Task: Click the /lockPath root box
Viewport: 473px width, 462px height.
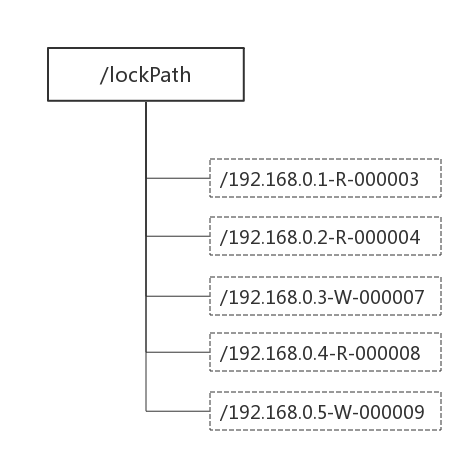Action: pyautogui.click(x=146, y=74)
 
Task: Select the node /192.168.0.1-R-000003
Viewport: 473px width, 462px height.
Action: pyautogui.click(x=325, y=178)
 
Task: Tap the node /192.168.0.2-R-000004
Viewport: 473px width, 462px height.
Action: pyautogui.click(x=325, y=236)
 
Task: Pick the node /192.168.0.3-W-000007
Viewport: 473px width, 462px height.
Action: pyautogui.click(x=325, y=296)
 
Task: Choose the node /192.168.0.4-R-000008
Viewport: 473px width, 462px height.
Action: pyautogui.click(x=325, y=352)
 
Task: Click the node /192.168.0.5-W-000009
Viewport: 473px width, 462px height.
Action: pyautogui.click(x=325, y=411)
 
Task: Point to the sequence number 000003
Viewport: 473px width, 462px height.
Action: pyautogui.click(x=386, y=179)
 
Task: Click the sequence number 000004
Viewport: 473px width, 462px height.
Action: pyautogui.click(x=387, y=237)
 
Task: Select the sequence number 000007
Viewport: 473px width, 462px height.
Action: pyautogui.click(x=392, y=297)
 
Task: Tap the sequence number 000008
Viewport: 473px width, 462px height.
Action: pyautogui.click(x=387, y=353)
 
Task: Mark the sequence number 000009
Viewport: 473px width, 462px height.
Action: pyautogui.click(x=392, y=412)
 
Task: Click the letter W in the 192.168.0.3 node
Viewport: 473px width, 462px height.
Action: pyautogui.click(x=342, y=297)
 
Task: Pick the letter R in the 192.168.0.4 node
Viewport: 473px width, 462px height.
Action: pyautogui.click(x=341, y=353)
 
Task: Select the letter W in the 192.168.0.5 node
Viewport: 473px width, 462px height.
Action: pyautogui.click(x=342, y=412)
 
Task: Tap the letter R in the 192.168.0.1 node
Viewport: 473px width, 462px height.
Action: pyautogui.click(x=341, y=179)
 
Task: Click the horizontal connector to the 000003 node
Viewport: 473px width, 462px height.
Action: pyautogui.click(x=178, y=178)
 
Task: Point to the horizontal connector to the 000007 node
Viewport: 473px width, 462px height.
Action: pyautogui.click(x=178, y=296)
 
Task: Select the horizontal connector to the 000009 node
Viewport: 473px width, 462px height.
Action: pyautogui.click(x=178, y=411)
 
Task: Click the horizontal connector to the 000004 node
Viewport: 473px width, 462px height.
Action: pyautogui.click(x=178, y=236)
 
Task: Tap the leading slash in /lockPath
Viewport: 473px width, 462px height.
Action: pyautogui.click(x=103, y=75)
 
